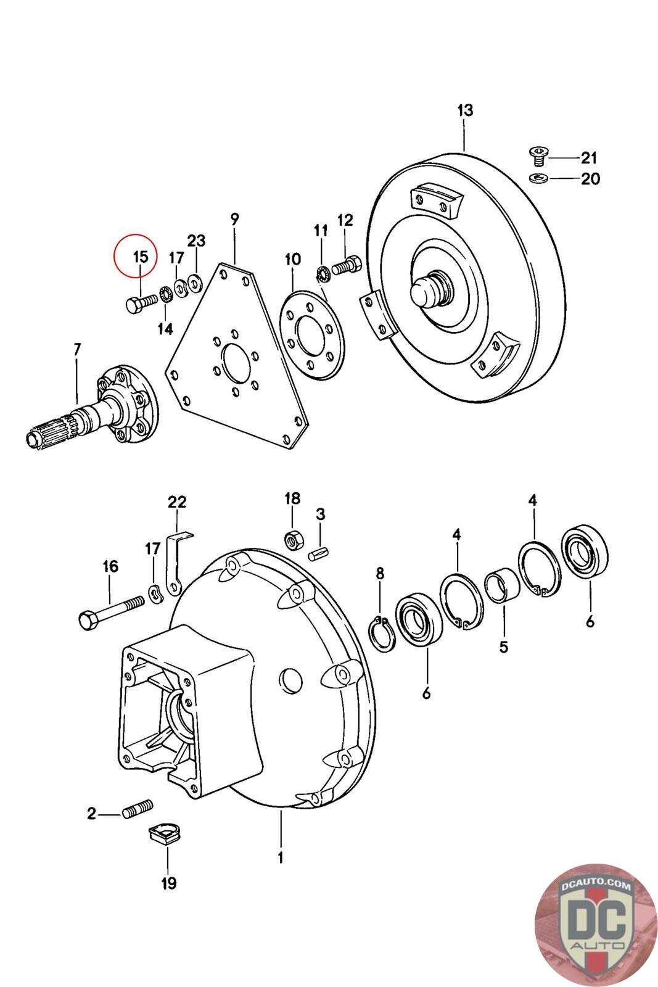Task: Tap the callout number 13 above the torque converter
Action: point(465,111)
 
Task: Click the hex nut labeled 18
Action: point(293,539)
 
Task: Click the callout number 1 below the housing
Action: point(281,857)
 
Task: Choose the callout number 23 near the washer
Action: point(196,241)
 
